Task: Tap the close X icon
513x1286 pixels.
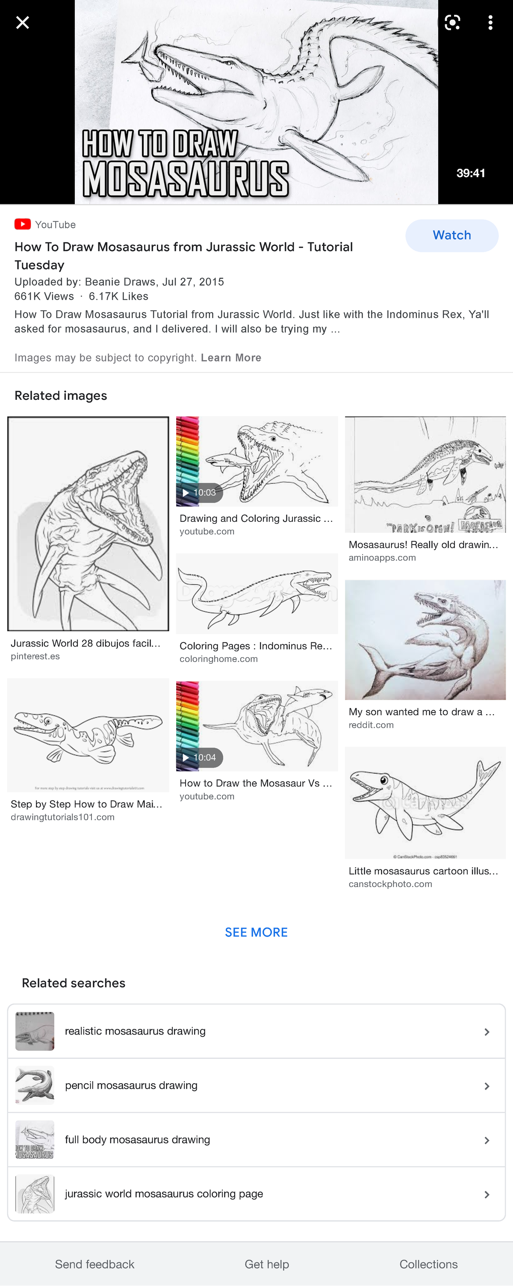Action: point(23,23)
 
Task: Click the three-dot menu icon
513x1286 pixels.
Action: point(490,23)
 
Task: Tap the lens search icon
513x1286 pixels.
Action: point(452,23)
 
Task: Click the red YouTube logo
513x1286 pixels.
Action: point(23,224)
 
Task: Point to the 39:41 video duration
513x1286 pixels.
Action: point(471,173)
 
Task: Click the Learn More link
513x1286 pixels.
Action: point(231,358)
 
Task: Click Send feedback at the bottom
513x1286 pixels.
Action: point(94,1264)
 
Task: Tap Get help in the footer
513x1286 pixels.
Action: point(266,1264)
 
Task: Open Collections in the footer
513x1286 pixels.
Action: point(428,1264)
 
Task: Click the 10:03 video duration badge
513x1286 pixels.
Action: point(200,493)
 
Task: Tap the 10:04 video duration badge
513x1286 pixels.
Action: point(200,757)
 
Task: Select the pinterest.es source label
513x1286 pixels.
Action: point(35,656)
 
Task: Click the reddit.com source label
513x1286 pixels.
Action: point(371,725)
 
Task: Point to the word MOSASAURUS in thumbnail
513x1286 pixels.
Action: point(186,179)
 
